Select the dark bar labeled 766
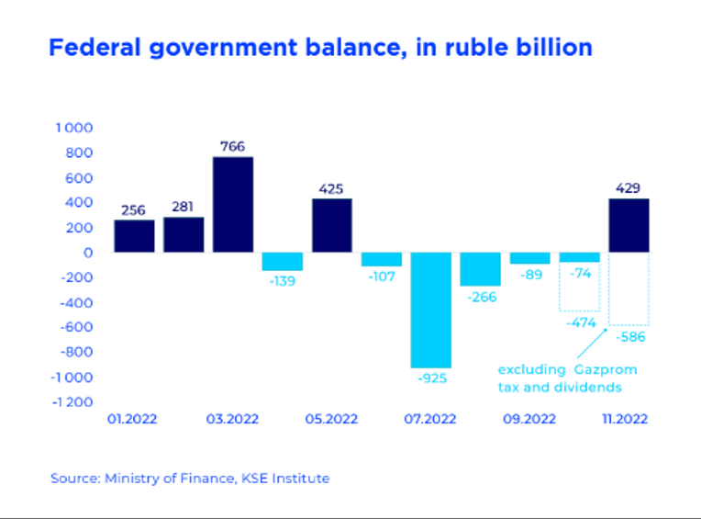tap(233, 205)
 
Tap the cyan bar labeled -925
tap(431, 310)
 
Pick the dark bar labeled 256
tap(134, 236)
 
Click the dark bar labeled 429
tap(629, 225)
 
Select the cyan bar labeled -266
tap(481, 269)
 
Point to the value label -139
tap(282, 281)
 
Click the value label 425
tap(331, 189)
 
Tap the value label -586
tap(630, 337)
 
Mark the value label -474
tap(581, 322)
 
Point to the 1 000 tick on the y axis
tap(74, 128)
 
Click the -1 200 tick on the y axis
tap(72, 402)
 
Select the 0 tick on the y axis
tap(88, 253)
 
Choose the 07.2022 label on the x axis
tap(430, 419)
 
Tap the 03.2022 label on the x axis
tap(232, 419)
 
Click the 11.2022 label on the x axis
tap(625, 419)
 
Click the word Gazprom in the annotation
tap(606, 370)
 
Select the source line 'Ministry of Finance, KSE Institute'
tap(217, 479)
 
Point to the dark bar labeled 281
tap(184, 235)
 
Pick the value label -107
tap(382, 276)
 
